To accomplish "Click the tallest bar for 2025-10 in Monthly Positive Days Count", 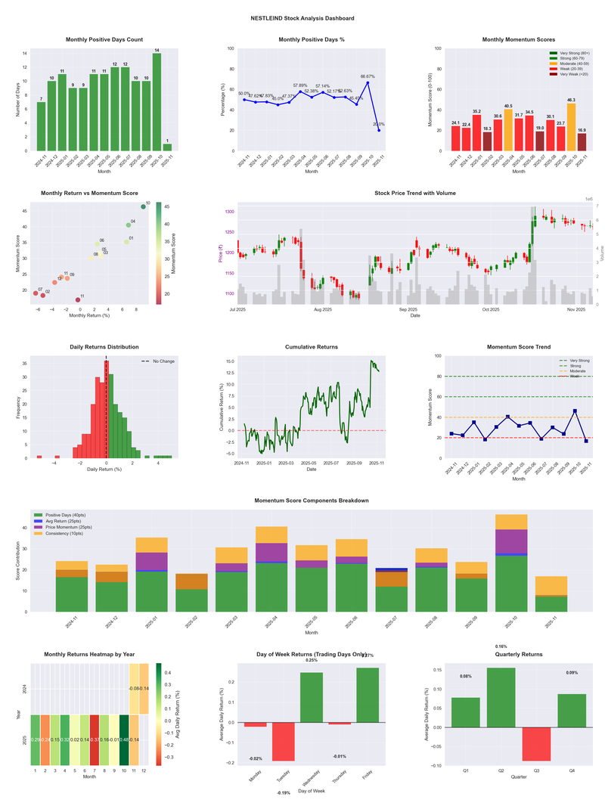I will click(x=157, y=102).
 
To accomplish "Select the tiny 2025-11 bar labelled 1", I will click(x=167, y=147).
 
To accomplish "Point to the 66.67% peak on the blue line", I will click(x=368, y=82).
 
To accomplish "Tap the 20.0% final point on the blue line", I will click(x=379, y=130).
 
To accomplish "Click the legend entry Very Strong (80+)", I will click(x=574, y=53).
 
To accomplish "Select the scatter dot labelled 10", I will click(x=143, y=206).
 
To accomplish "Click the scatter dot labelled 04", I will click(x=129, y=225).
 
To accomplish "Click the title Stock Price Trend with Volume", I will click(x=415, y=194).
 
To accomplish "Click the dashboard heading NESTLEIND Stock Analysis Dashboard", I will click(x=302, y=17).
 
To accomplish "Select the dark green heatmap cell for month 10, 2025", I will click(x=124, y=739).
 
